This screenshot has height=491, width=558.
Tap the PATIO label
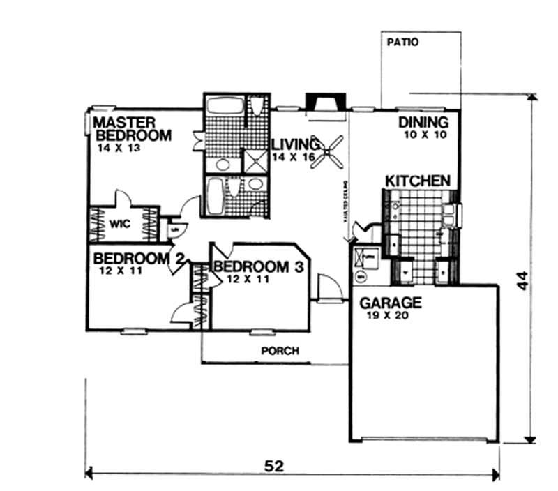click(x=402, y=42)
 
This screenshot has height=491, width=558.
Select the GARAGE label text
click(x=390, y=303)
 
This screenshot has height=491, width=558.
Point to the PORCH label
click(x=280, y=351)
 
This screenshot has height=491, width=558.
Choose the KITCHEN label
click(x=418, y=181)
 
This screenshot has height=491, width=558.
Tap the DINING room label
click(x=423, y=123)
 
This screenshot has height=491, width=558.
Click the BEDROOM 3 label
click(x=259, y=267)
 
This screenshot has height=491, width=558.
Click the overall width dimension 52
click(x=274, y=466)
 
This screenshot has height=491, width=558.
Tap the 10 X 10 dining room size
click(x=424, y=135)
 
